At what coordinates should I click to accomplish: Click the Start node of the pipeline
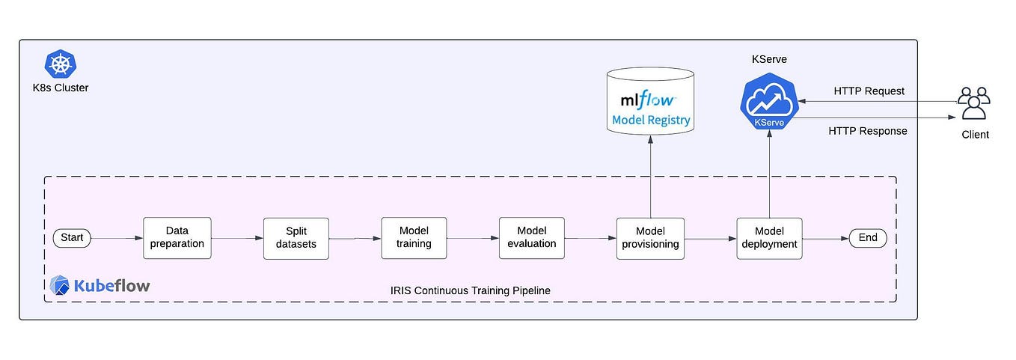click(72, 238)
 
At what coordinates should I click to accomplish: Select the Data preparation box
click(177, 237)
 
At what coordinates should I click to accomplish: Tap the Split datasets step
click(296, 237)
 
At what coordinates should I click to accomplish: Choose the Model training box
click(414, 237)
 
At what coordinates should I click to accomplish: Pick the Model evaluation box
click(531, 237)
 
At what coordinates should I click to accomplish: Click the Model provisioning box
click(650, 237)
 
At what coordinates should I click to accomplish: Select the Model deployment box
click(769, 237)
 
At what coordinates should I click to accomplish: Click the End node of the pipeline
click(868, 238)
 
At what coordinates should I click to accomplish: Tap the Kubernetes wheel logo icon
click(58, 64)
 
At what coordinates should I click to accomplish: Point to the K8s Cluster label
click(61, 88)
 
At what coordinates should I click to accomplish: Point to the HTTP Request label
click(869, 91)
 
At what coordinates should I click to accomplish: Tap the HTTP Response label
click(867, 131)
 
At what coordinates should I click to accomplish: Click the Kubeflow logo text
click(100, 285)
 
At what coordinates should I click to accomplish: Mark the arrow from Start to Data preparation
click(117, 239)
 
